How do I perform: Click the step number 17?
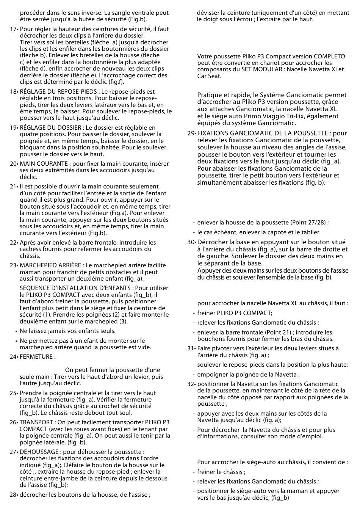13,29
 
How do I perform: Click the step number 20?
13,164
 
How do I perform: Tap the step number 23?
13,265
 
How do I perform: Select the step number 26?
13,422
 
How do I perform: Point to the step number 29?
191,133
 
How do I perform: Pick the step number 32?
191,384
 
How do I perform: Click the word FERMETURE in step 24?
36,357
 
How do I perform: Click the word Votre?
205,56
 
